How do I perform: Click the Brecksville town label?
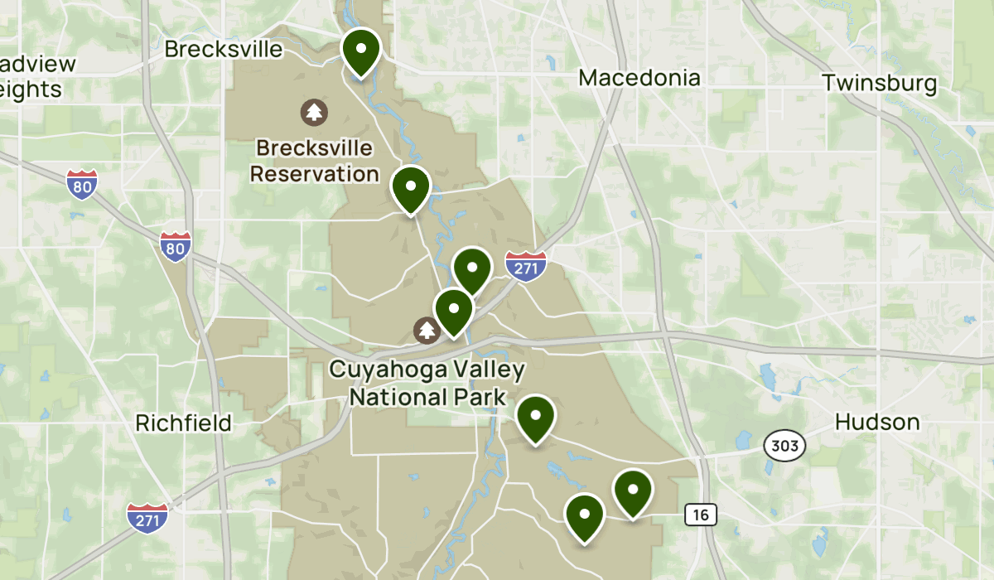tap(224, 49)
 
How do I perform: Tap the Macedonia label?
tap(639, 78)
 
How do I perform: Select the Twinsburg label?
tap(880, 83)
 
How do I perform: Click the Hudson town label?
tap(877, 422)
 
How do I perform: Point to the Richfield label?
tap(183, 423)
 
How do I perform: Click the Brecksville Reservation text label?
tap(315, 162)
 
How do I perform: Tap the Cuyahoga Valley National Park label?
tap(427, 382)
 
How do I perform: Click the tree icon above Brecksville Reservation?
tap(314, 111)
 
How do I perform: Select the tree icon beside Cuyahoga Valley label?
tap(427, 331)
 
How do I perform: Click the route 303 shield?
tap(784, 447)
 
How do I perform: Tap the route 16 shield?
tap(701, 515)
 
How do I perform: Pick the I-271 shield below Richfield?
tap(147, 517)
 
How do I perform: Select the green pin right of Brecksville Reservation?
tap(411, 187)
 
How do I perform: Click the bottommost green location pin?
tap(585, 515)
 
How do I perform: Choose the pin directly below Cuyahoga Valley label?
tap(536, 418)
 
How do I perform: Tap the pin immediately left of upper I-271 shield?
tap(473, 268)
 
